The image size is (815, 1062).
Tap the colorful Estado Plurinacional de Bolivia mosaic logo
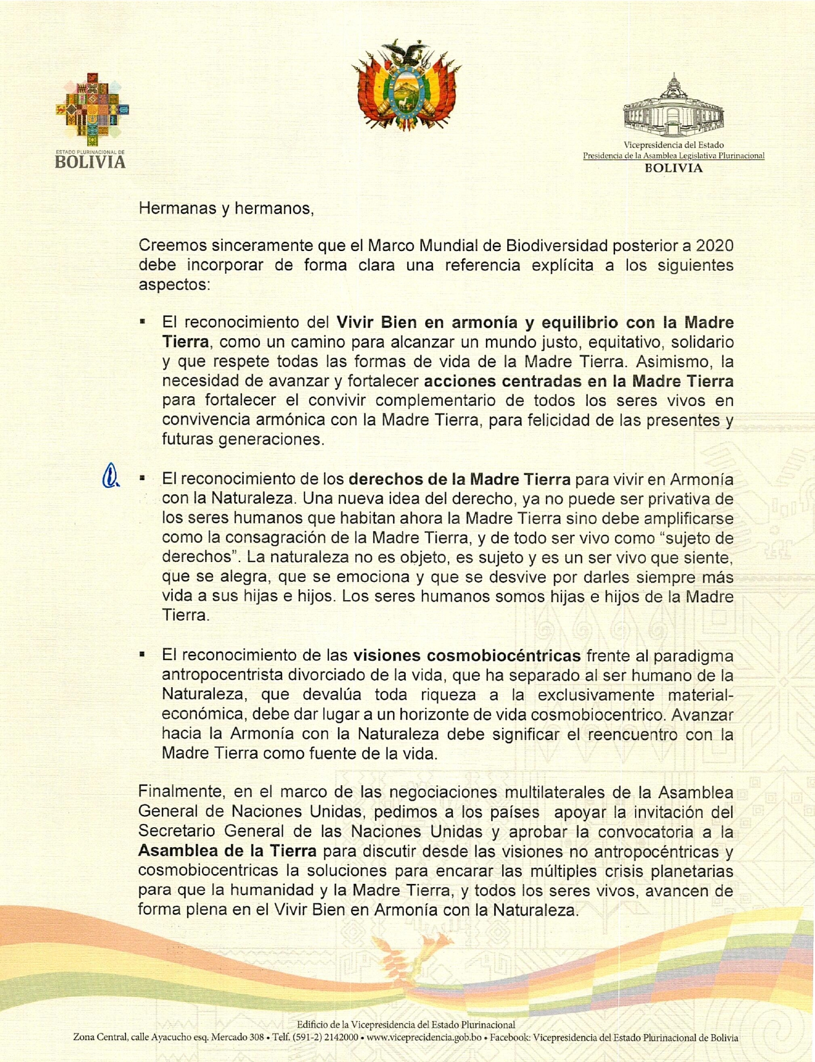click(x=91, y=110)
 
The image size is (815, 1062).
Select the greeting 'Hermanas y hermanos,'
click(x=226, y=208)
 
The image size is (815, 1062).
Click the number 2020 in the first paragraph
click(x=714, y=246)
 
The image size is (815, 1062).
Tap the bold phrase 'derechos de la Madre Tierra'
click(x=459, y=479)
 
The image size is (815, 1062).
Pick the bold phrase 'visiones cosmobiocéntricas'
click(x=467, y=656)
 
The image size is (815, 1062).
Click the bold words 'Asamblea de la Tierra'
click(x=227, y=851)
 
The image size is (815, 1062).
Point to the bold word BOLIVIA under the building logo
click(x=673, y=168)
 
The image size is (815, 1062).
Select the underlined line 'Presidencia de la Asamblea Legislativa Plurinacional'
click(x=673, y=155)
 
